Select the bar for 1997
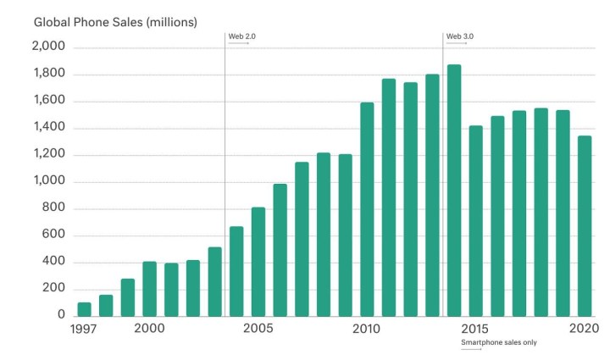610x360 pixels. pos(84,308)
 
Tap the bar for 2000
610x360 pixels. pos(149,288)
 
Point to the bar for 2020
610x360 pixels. pos(585,225)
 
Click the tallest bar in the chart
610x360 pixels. pos(454,190)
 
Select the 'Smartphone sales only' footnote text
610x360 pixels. pos(498,342)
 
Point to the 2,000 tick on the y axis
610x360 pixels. pos(48,47)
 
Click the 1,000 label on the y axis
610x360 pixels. pos(48,181)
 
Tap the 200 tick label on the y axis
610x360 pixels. pos(54,288)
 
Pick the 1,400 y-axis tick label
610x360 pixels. pos(48,128)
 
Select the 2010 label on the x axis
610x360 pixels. pos(366,329)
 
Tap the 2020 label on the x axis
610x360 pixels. pos(584,329)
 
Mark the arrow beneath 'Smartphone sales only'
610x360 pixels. pos(471,349)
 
